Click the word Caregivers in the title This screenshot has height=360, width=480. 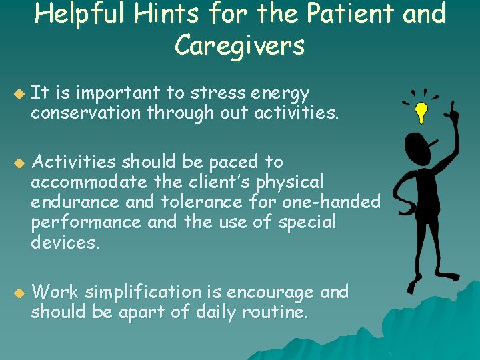pos(239,45)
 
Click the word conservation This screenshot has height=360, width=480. pos(83,113)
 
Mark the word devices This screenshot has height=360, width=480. pos(64,241)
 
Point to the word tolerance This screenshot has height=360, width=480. pos(199,201)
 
